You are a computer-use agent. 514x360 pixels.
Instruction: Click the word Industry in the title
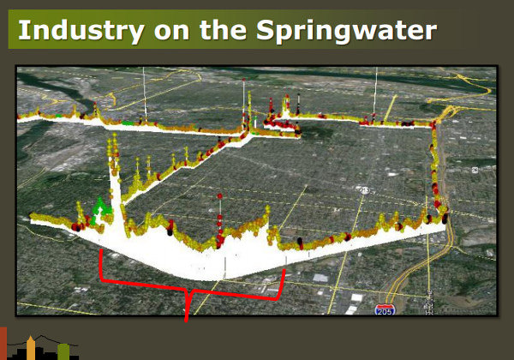[81, 31]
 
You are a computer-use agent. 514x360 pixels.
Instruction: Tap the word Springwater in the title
[346, 31]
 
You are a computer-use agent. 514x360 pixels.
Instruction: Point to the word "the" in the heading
[223, 30]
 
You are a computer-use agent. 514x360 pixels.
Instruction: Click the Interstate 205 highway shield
[385, 309]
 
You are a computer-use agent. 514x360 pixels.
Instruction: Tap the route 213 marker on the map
[365, 189]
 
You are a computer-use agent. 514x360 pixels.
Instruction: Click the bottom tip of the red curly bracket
[186, 321]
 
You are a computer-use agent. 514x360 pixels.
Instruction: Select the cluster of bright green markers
[99, 210]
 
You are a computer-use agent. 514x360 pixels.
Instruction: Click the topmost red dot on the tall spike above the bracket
[219, 196]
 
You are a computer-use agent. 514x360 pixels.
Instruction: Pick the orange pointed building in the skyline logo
[31, 347]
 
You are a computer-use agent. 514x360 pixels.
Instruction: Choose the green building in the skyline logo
[63, 351]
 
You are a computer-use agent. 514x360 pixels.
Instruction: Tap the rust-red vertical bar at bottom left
[3, 343]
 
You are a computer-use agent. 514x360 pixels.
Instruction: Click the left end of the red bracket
[101, 249]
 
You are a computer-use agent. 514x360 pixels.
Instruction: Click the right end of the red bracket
[284, 270]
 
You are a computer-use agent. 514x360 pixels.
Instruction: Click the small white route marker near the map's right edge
[475, 170]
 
